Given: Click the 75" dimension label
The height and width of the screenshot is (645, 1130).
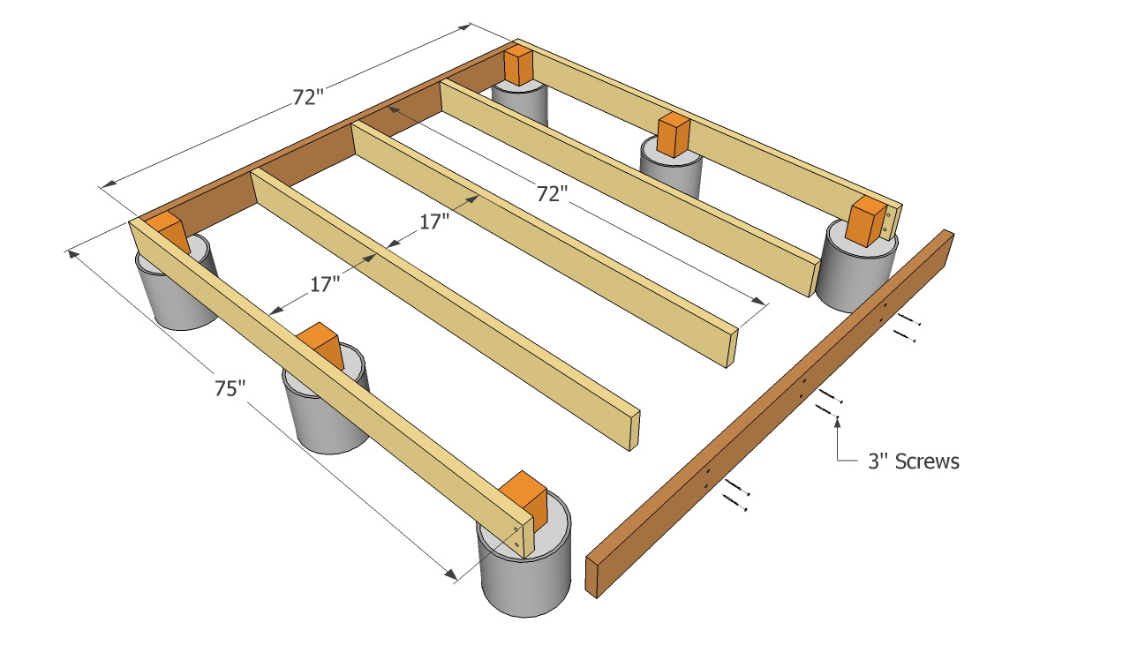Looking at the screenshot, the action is click(x=230, y=388).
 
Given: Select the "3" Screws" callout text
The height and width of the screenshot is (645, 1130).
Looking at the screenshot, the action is click(x=914, y=461).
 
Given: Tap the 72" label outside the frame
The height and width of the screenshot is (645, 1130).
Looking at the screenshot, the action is click(x=307, y=97).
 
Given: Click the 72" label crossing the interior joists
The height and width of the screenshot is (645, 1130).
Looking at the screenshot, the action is click(x=552, y=193).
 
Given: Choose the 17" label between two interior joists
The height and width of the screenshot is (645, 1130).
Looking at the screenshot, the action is click(x=433, y=221).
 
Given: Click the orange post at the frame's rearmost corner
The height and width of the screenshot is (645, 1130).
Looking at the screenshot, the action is click(x=518, y=66).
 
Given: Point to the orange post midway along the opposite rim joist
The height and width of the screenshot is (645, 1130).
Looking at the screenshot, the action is click(x=674, y=135).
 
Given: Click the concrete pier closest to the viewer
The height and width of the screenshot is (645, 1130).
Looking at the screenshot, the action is click(x=524, y=554).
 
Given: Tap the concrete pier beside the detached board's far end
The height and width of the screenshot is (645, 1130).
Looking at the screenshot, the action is click(x=856, y=267).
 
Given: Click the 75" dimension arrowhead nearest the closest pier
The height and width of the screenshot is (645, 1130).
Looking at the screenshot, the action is click(x=450, y=574).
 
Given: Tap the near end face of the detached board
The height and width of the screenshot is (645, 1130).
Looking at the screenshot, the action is click(x=592, y=577).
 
